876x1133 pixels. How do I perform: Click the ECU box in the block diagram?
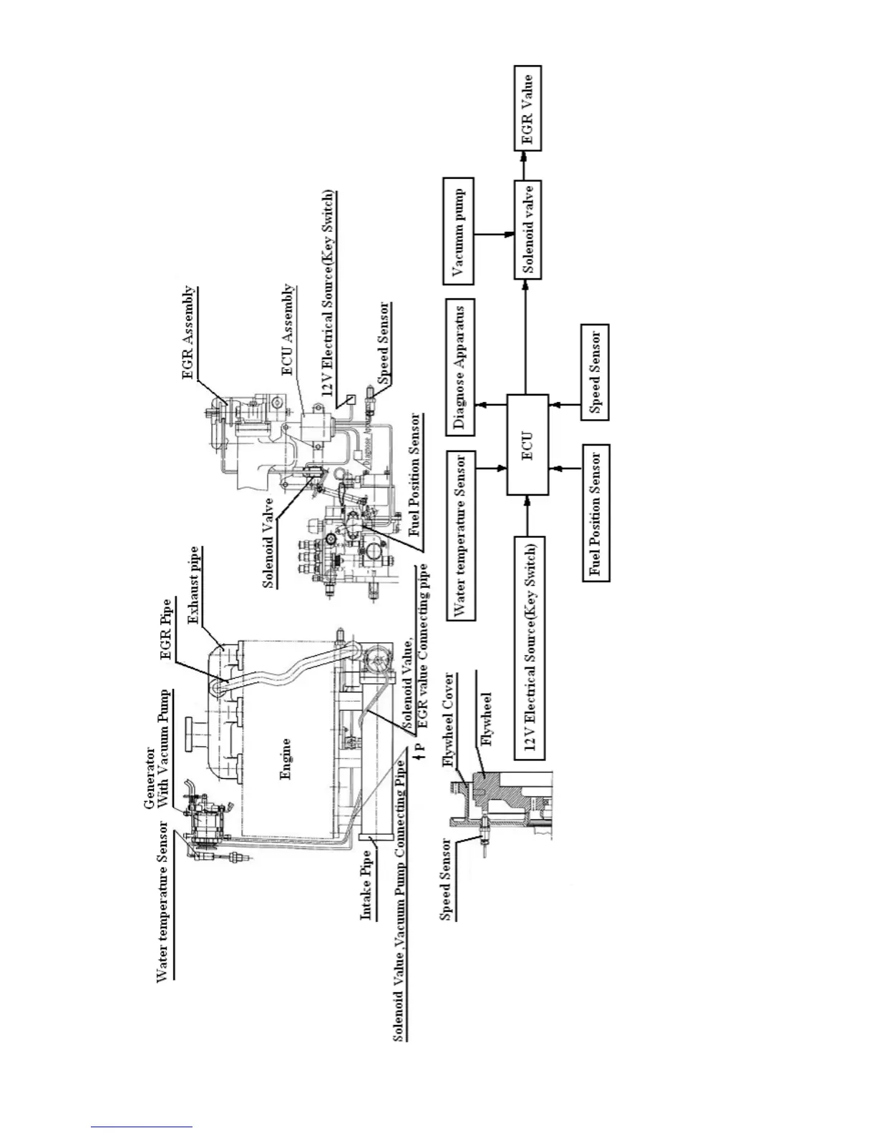528,444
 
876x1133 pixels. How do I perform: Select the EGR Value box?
528,108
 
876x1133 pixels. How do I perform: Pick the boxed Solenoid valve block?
528,230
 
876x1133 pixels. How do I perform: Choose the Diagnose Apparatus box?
459,367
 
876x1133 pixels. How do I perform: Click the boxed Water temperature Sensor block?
459,535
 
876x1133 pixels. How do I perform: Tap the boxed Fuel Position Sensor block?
595,513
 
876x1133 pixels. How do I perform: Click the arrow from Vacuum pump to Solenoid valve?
495,234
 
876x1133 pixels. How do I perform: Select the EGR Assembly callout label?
188,333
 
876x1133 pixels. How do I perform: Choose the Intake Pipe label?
366,884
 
